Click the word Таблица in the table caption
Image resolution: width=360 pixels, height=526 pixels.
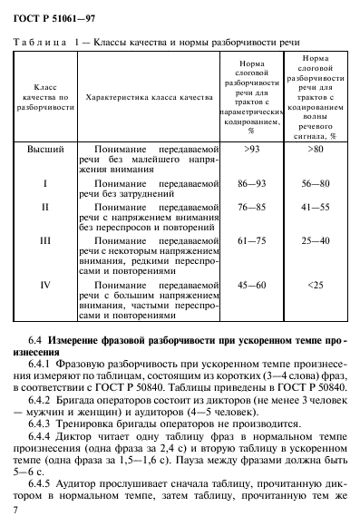37,43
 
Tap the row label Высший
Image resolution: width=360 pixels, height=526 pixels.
44,146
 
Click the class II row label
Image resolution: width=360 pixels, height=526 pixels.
45,207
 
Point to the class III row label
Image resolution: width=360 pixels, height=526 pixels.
45,242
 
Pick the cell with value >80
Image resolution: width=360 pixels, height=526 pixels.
315,146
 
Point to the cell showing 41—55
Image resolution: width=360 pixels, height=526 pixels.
315,207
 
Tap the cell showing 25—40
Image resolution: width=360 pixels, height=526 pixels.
315,242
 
